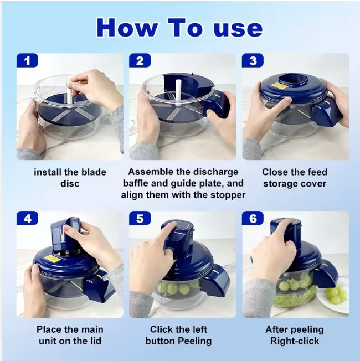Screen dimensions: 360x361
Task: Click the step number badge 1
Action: coord(27,60)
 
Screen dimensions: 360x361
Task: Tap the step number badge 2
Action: coord(140,60)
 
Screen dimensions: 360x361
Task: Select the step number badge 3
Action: coord(253,60)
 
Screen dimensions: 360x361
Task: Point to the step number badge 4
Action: coord(27,218)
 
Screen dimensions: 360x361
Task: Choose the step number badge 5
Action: coord(140,218)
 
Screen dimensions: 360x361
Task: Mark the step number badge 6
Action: coord(253,218)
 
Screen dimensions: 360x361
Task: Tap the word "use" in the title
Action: coord(238,29)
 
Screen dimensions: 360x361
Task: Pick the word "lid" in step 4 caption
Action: coord(95,341)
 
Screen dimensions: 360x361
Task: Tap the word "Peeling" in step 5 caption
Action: coord(194,341)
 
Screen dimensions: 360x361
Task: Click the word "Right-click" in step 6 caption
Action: coord(295,341)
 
